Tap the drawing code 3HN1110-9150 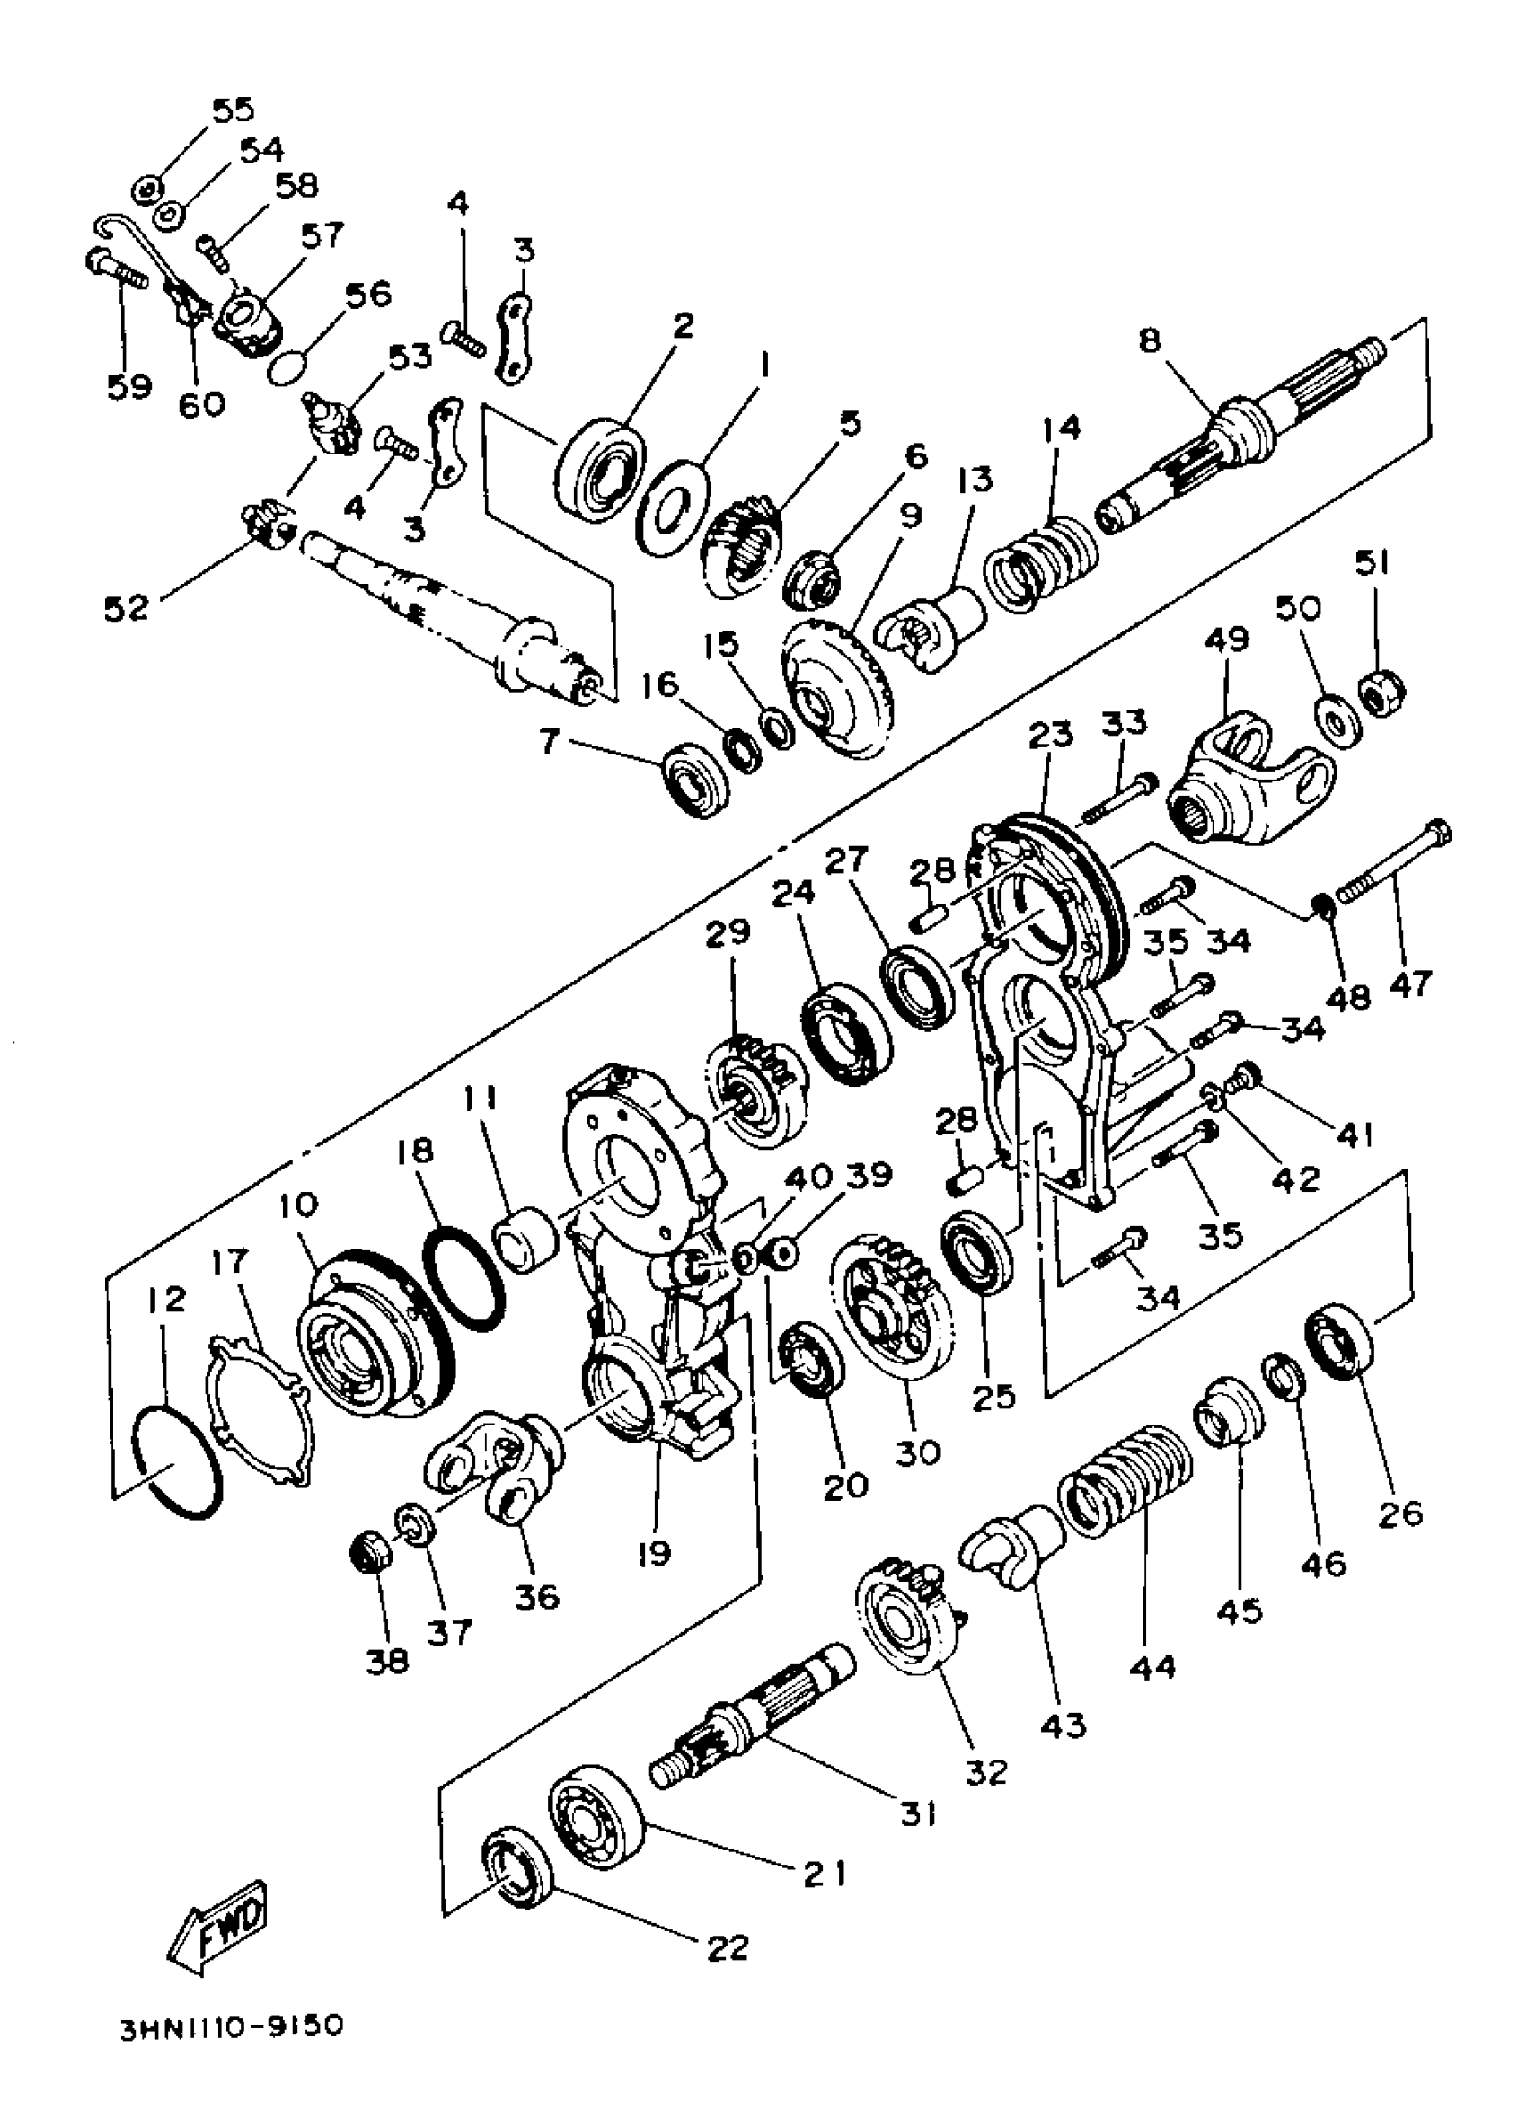pos(231,2052)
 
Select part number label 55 pos(232,110)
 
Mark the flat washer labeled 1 pos(673,507)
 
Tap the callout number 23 pos(1051,735)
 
